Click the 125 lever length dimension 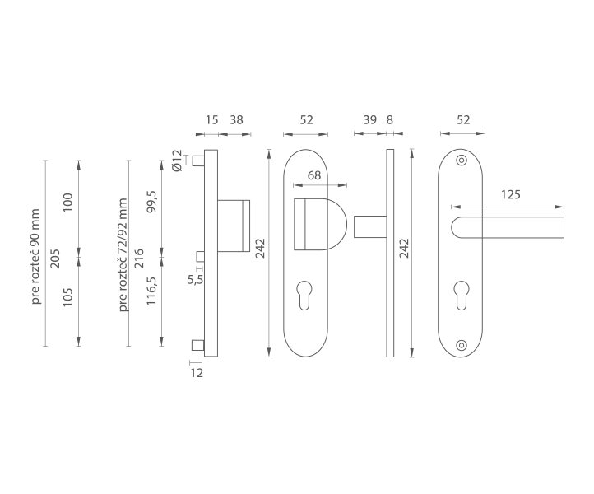click(x=511, y=194)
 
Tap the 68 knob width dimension click(x=314, y=175)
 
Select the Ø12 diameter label click(x=177, y=161)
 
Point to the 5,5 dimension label click(x=196, y=280)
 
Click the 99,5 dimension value click(x=151, y=202)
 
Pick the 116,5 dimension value click(x=151, y=291)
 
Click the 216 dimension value click(x=140, y=259)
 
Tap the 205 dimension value click(x=56, y=259)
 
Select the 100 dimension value click(x=67, y=203)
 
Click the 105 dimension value click(x=67, y=297)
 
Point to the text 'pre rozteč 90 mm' click(x=35, y=256)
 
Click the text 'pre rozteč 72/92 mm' click(x=123, y=254)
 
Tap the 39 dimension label click(x=369, y=120)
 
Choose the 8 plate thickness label click(x=390, y=120)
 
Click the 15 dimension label click(x=211, y=120)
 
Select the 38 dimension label click(x=236, y=120)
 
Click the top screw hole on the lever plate click(x=461, y=161)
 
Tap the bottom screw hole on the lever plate click(x=461, y=345)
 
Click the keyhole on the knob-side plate click(x=304, y=296)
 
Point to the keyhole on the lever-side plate click(x=461, y=296)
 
